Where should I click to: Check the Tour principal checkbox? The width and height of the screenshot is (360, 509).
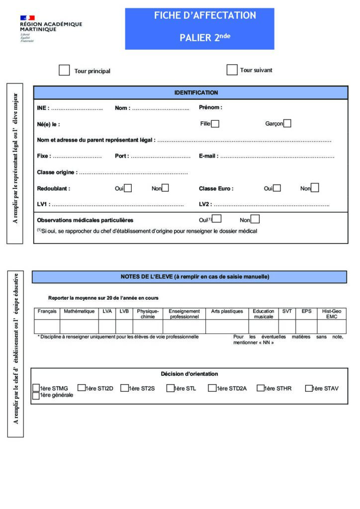(64, 70)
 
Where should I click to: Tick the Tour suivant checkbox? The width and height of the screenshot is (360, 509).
(232, 70)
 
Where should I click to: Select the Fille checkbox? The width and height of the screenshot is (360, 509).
(215, 124)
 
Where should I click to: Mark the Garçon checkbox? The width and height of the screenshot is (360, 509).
(287, 123)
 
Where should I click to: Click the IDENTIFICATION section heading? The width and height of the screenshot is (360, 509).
(196, 92)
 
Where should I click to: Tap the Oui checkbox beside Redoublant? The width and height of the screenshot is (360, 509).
(128, 188)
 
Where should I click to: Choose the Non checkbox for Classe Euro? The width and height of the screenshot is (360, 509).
(315, 188)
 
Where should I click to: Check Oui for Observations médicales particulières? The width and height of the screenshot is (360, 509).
(217, 219)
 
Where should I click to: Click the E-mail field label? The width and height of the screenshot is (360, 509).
(208, 156)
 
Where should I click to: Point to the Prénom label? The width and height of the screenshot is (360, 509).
(210, 107)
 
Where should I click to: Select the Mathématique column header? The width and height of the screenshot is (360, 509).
(79, 311)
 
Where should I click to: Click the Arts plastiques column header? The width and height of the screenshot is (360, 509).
(227, 311)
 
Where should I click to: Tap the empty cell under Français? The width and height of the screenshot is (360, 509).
(47, 326)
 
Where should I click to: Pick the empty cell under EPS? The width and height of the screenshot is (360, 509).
(306, 326)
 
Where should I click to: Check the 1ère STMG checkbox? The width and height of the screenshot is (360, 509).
(36, 388)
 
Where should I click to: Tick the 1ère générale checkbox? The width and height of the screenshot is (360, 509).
(36, 396)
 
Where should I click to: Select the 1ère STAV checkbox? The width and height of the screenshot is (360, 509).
(308, 388)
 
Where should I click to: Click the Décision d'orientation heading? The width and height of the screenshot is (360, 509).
(189, 374)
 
